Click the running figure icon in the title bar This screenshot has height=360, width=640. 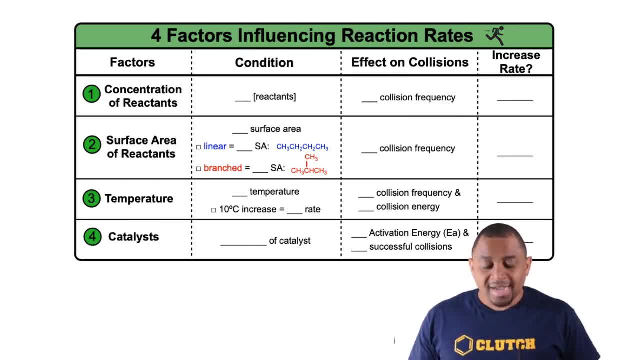pyautogui.click(x=495, y=35)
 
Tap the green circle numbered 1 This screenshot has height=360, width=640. pyautogui.click(x=91, y=94)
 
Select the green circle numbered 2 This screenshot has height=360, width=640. pyautogui.click(x=92, y=145)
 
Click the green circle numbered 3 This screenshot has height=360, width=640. pyautogui.click(x=91, y=198)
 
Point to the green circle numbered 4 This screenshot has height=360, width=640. pyautogui.click(x=92, y=237)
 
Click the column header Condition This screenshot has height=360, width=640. pyautogui.click(x=264, y=62)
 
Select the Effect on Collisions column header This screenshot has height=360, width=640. pyautogui.click(x=410, y=62)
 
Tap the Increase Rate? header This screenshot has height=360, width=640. pyautogui.click(x=516, y=62)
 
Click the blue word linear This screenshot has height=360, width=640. pyautogui.click(x=215, y=146)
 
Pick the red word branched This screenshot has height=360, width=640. pyautogui.click(x=223, y=168)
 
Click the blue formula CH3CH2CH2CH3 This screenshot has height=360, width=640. pyautogui.click(x=302, y=147)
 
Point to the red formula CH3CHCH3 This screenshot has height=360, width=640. pyautogui.click(x=309, y=171)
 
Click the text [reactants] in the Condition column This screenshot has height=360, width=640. pyautogui.click(x=274, y=96)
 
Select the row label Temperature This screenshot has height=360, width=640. pyautogui.click(x=139, y=198)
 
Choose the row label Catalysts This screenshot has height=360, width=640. pyautogui.click(x=133, y=237)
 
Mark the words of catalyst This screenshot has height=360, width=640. pyautogui.click(x=290, y=241)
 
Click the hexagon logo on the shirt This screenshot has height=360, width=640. pyautogui.click(x=464, y=345)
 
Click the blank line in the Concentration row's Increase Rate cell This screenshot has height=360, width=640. pyautogui.click(x=515, y=99)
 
